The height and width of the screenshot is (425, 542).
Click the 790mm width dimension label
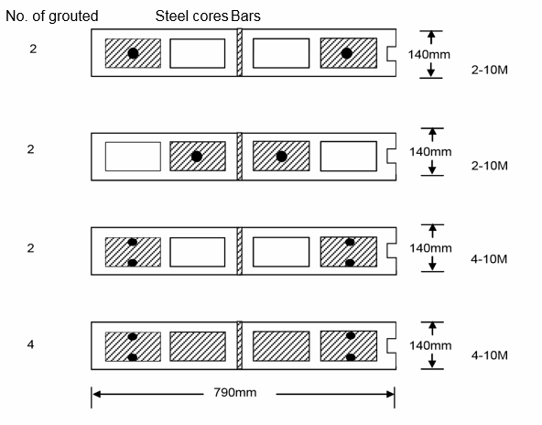point(235,393)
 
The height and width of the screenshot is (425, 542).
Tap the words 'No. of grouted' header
point(52,16)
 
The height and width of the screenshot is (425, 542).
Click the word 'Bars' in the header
point(245,16)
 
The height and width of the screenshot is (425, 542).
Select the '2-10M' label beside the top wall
point(490,70)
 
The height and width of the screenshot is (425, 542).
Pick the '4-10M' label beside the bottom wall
point(490,355)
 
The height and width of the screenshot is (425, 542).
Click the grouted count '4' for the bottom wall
point(31,344)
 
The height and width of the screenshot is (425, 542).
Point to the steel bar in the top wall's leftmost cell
point(133,53)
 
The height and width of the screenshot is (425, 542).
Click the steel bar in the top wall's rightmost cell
point(347,53)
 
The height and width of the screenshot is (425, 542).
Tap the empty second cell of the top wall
point(198,53)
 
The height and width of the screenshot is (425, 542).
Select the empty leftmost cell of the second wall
point(133,157)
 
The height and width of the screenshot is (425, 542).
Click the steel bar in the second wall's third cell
point(282,157)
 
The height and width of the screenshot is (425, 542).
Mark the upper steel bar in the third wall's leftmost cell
point(133,242)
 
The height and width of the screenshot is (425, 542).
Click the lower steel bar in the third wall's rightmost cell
point(350,263)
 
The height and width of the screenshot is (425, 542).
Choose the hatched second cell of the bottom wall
point(198,346)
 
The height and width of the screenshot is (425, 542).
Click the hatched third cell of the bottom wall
point(281,346)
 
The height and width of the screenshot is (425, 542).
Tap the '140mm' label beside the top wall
point(429,55)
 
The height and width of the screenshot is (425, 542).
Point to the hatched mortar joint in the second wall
point(240,157)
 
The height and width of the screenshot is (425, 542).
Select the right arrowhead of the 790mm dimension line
point(390,394)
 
